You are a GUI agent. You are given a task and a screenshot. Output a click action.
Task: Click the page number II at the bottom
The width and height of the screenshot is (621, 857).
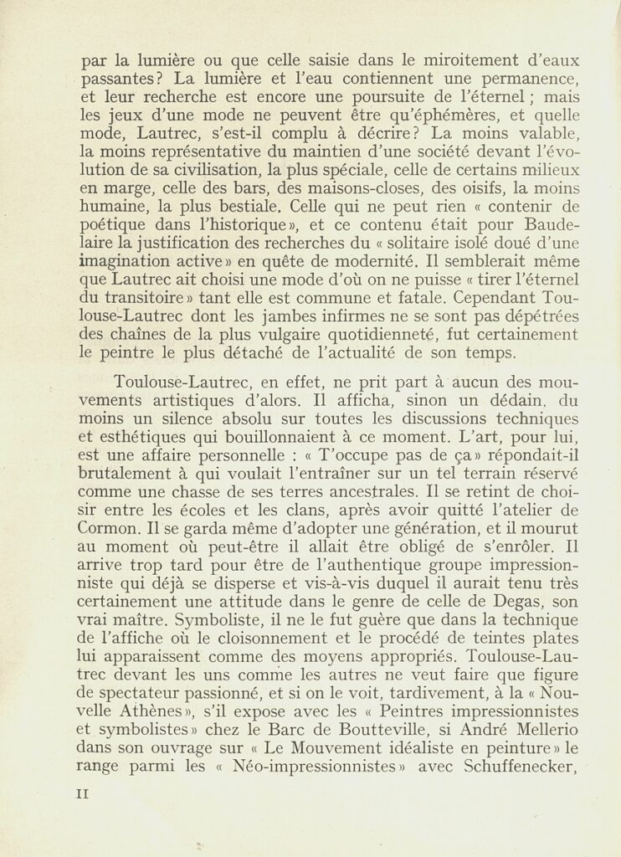tap(81, 793)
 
